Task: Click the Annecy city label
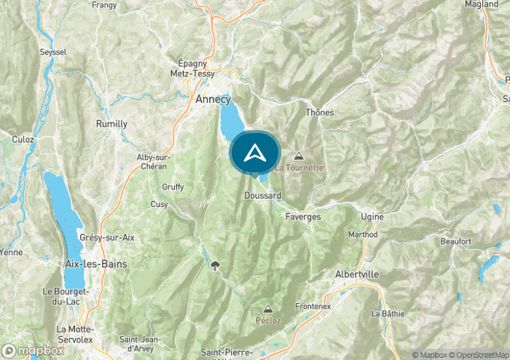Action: (213, 99)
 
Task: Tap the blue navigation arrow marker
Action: (255, 152)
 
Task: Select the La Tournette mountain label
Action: (299, 168)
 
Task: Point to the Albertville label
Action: (356, 273)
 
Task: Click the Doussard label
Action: (263, 196)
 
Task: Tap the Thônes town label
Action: (319, 112)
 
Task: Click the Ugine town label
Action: (372, 216)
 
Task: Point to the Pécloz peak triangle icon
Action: (268, 309)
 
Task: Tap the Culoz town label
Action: (23, 138)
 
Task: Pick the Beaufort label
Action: (455, 240)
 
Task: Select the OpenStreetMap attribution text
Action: (479, 355)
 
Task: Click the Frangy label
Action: (104, 4)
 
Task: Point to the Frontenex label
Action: (314, 307)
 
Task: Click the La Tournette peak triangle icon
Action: (299, 155)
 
